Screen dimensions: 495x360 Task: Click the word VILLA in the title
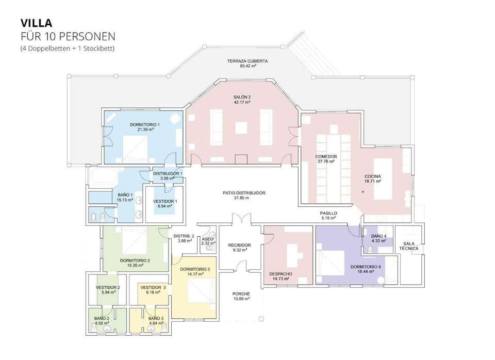(36, 23)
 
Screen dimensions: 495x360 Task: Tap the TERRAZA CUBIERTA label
(247, 61)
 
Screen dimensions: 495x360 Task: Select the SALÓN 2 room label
(242, 97)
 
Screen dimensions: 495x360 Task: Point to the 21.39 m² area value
(145, 129)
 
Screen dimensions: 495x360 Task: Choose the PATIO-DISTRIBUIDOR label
(244, 193)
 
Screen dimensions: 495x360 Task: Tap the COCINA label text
(372, 176)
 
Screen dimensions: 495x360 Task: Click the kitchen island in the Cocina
(383, 179)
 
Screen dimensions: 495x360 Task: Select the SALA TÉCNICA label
(409, 246)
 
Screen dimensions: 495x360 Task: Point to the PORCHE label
(241, 294)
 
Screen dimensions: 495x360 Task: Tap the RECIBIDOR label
(240, 245)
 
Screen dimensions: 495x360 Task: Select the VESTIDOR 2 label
(108, 288)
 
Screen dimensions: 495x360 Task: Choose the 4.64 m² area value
(156, 323)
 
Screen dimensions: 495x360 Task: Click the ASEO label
(207, 239)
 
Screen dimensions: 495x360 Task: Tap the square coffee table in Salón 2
(241, 128)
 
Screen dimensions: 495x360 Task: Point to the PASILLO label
(328, 214)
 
